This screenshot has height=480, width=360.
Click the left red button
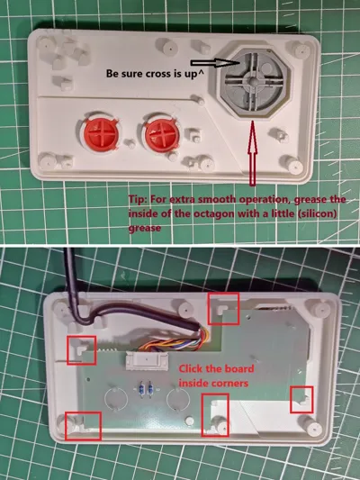click(x=101, y=133)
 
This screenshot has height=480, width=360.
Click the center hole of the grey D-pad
click(x=253, y=81)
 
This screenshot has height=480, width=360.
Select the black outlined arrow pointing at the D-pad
click(x=215, y=63)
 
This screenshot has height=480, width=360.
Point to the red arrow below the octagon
click(x=252, y=153)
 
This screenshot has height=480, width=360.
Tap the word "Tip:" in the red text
click(x=139, y=199)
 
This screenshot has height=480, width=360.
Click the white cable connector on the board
click(x=147, y=361)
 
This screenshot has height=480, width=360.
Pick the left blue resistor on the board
click(x=142, y=389)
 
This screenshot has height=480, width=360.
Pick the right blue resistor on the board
click(x=150, y=389)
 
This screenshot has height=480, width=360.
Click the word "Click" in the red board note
click(x=191, y=368)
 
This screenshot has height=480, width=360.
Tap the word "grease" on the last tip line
click(x=145, y=228)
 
